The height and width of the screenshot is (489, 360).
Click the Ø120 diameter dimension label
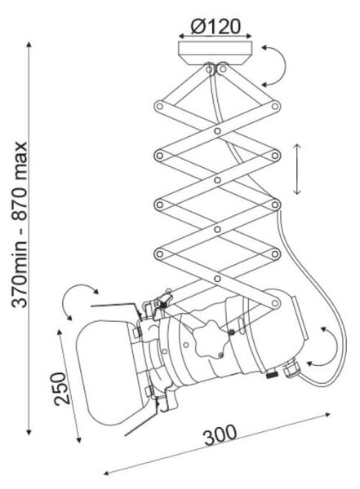216,26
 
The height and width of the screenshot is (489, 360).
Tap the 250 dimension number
61,388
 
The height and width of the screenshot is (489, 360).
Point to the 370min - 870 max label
20,225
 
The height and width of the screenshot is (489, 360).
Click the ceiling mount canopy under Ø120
215,53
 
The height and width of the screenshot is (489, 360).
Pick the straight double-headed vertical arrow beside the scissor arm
297,169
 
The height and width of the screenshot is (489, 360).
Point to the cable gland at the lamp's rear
291,368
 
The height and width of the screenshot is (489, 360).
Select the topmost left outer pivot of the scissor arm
160,106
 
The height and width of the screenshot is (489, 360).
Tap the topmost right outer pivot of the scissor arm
275,106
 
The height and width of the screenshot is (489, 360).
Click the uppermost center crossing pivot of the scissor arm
217,130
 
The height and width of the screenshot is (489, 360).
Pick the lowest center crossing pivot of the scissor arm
217,279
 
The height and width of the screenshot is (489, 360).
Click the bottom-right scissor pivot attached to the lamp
275,303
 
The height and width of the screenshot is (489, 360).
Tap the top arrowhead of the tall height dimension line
29,44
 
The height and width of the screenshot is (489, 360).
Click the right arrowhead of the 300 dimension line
327,415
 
